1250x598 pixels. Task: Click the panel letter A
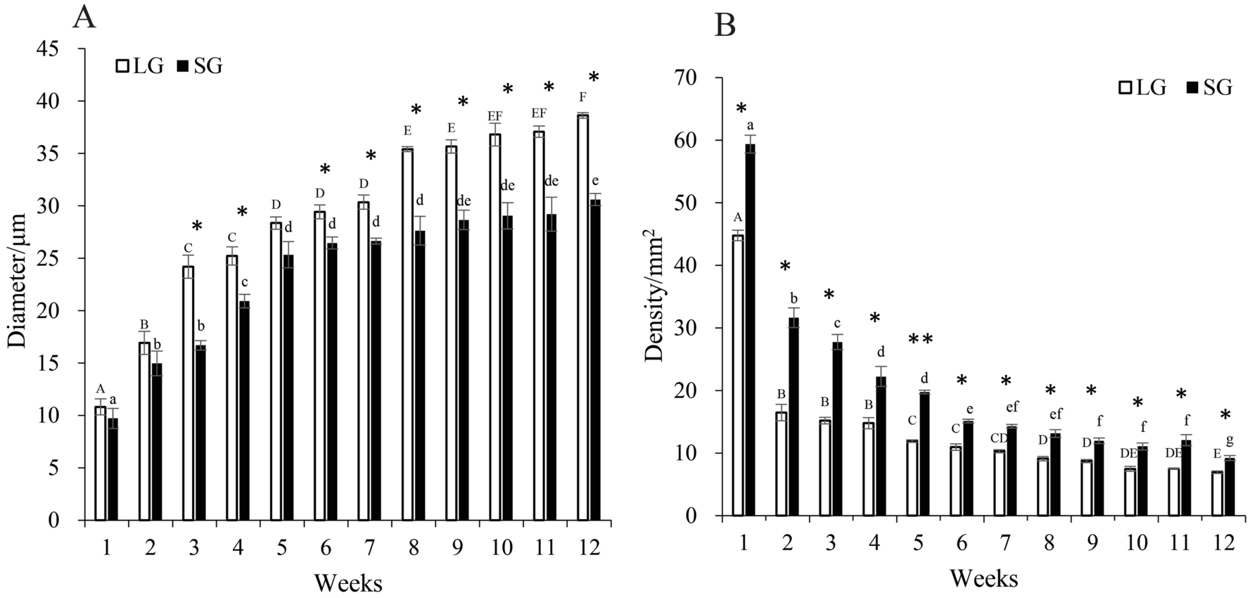(84, 17)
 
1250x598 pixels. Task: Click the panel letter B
(725, 26)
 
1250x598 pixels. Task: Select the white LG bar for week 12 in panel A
(583, 317)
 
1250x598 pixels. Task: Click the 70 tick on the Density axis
(688, 78)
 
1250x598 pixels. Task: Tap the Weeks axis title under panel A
(347, 583)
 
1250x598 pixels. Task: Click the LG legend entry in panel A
(141, 66)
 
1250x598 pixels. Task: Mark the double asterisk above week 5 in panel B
(920, 341)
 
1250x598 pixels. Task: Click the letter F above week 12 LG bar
(582, 96)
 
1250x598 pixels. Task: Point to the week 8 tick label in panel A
(414, 547)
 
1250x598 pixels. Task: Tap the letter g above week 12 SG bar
(1230, 440)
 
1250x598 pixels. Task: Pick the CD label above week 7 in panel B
(1000, 438)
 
